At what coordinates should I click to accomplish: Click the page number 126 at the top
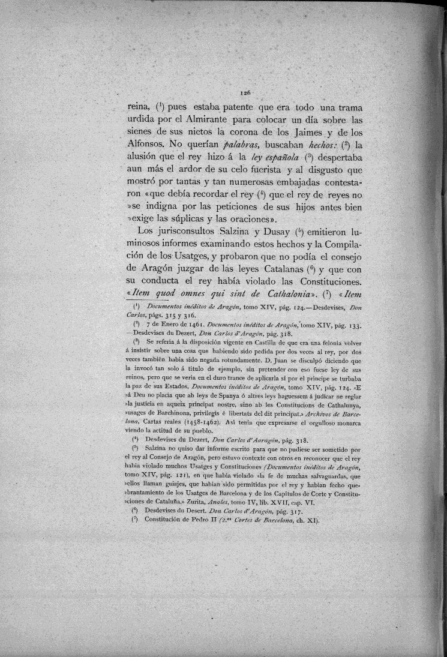[244, 93]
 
